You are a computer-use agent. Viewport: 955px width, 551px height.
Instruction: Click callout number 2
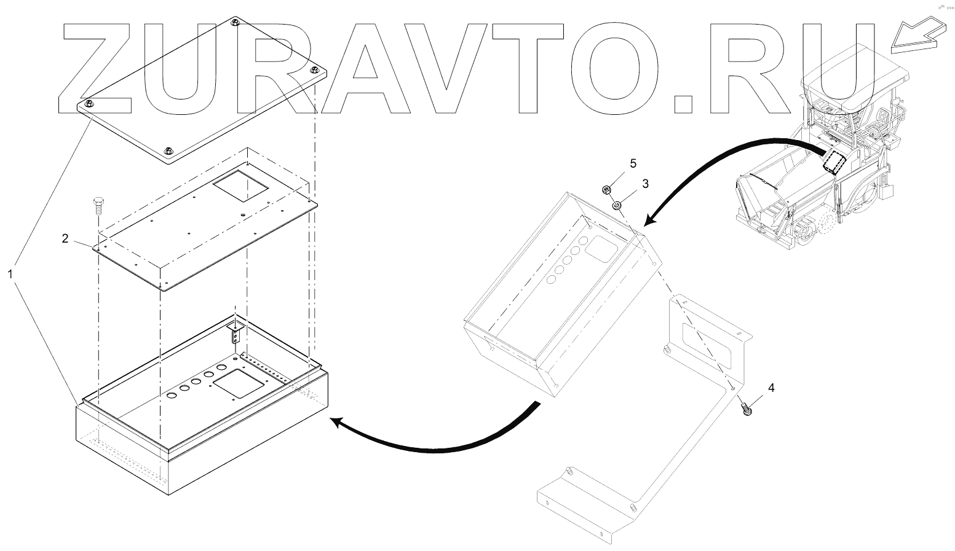coord(65,239)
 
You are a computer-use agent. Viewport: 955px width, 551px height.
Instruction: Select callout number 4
coord(771,388)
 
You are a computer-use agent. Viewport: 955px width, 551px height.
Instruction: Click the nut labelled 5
coord(606,189)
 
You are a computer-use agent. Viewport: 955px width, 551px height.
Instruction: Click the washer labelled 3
coord(615,205)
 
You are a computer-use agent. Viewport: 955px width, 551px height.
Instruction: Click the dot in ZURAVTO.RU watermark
coord(687,103)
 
